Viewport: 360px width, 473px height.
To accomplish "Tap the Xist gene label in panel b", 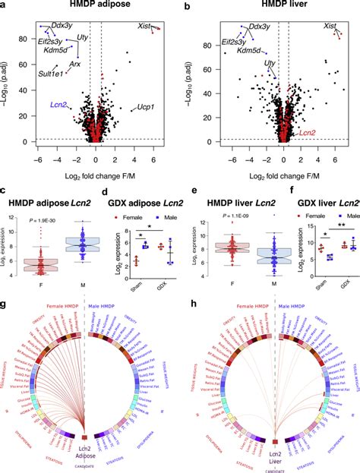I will point(330,26).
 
